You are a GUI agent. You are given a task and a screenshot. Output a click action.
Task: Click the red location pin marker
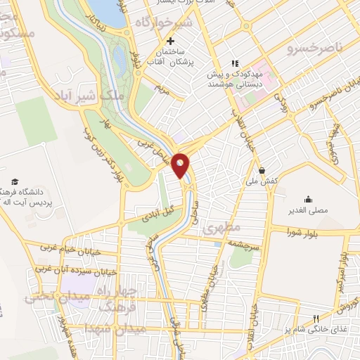(181, 165)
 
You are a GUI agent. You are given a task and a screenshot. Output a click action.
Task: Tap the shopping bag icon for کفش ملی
(262, 169)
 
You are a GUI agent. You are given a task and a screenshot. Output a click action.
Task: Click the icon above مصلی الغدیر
(307, 199)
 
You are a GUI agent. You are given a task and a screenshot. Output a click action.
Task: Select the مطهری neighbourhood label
(222, 229)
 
